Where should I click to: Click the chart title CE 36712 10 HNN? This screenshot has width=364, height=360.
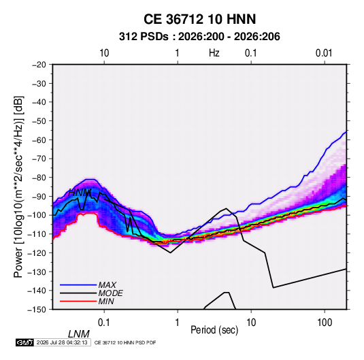click(x=199, y=19)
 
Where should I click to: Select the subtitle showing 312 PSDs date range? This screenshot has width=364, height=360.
click(x=199, y=37)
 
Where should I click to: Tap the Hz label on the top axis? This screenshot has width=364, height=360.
click(x=214, y=53)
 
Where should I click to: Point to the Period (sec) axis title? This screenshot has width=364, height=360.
click(x=214, y=330)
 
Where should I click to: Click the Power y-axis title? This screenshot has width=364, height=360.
click(x=18, y=187)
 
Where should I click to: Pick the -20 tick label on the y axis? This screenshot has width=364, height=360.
click(x=39, y=65)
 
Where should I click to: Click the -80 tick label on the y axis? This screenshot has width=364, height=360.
click(x=39, y=178)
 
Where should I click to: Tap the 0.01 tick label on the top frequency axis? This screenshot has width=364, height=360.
click(x=324, y=53)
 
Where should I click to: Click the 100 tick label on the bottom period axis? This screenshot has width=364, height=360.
click(x=325, y=323)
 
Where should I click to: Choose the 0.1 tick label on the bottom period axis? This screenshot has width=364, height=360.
click(x=104, y=323)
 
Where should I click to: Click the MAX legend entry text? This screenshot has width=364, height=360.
click(x=107, y=284)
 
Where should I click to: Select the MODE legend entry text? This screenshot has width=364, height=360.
click(x=110, y=293)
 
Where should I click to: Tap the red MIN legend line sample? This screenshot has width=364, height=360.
click(x=78, y=301)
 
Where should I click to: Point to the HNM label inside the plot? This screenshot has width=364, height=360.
click(x=80, y=193)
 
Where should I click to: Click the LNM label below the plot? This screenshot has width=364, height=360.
click(x=79, y=334)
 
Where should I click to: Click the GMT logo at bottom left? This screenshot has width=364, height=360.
click(x=25, y=342)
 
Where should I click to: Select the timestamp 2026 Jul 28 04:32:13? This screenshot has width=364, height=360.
click(x=62, y=342)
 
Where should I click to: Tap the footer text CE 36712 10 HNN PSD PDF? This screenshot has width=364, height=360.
click(x=125, y=342)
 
